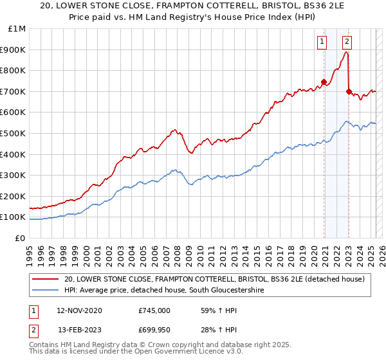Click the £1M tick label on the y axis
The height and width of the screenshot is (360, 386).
tap(16, 29)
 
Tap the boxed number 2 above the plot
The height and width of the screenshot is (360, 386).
tap(347, 42)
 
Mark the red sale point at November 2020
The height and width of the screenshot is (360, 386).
tap(324, 82)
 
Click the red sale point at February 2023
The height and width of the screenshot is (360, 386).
tap(349, 91)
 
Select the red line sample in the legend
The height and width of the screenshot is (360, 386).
tap(45, 280)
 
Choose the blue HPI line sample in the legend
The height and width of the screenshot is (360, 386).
tap(45, 291)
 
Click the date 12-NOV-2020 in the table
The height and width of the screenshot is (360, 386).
tap(80, 310)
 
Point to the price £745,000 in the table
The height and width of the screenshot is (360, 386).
tap(154, 310)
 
